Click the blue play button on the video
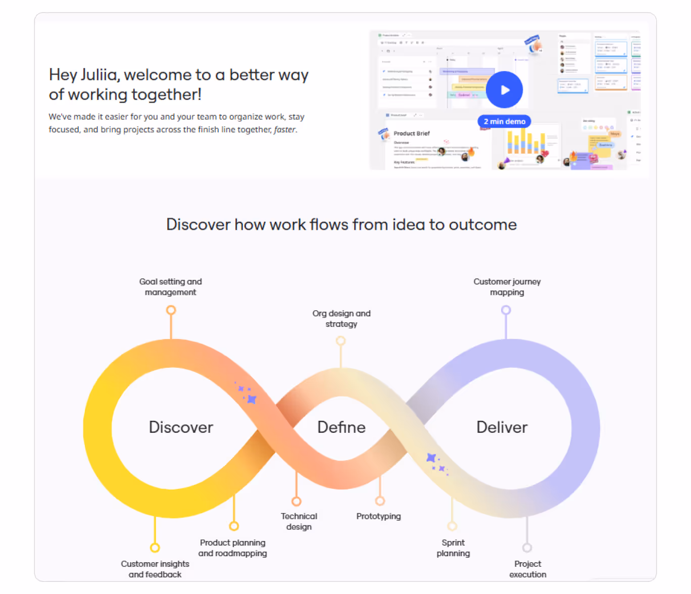tap(504, 90)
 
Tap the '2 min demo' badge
tap(504, 121)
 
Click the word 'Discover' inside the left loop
tap(181, 427)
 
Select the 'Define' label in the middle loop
tap(341, 427)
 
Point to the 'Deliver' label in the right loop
tap(502, 427)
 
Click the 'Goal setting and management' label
tap(171, 287)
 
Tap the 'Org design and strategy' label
tap(341, 319)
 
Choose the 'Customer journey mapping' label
tap(507, 287)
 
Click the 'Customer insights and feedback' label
tap(155, 569)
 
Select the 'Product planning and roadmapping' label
tap(232, 548)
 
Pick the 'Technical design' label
tap(299, 521)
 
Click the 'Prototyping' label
tap(378, 516)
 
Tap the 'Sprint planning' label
tap(453, 548)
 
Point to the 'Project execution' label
tap(527, 569)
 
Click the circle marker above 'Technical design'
tap(297, 502)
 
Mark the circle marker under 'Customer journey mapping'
tap(506, 310)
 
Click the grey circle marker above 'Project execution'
tap(527, 548)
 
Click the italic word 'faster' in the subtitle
tap(284, 130)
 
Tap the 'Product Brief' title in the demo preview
tap(412, 133)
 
